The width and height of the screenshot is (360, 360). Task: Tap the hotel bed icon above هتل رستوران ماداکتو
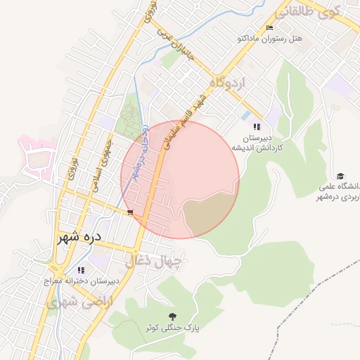269,28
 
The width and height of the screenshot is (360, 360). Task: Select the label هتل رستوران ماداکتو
290,39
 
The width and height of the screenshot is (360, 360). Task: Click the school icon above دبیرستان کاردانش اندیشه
257,127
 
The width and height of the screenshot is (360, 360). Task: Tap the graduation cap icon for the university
340,176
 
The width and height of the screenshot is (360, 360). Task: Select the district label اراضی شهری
71,303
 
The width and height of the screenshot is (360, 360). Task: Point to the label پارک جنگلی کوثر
173,328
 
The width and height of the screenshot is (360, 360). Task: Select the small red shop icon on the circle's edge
129,212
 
